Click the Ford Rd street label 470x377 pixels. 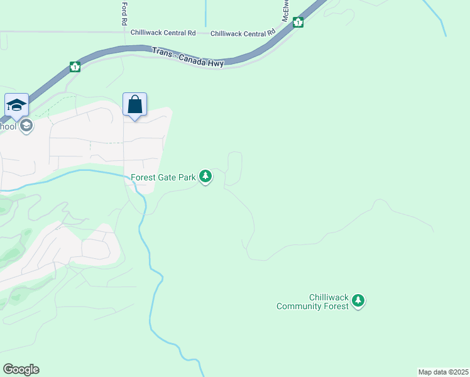[124, 13]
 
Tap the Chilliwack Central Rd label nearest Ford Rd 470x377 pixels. [163, 32]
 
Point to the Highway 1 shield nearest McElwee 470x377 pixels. [298, 23]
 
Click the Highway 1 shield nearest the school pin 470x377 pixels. [75, 67]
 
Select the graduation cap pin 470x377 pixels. [16, 104]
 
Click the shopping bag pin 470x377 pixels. [135, 104]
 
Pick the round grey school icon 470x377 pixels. [26, 126]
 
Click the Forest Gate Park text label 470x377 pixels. [163, 178]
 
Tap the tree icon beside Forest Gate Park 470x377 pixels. [205, 177]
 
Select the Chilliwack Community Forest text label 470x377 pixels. [312, 302]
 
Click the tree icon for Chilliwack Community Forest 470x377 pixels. [358, 301]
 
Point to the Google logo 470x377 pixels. [21, 369]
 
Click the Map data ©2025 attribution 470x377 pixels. [443, 372]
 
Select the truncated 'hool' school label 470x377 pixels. [8, 126]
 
